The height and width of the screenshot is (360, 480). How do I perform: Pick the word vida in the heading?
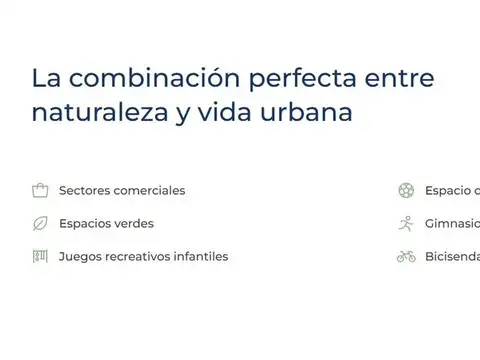235,112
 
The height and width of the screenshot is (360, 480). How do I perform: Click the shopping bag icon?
40,190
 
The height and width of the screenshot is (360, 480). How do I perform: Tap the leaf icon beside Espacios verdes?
40,223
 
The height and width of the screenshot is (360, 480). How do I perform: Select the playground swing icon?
40,256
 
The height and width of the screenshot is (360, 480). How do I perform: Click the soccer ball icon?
405,190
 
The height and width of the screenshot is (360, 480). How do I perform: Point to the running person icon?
405,223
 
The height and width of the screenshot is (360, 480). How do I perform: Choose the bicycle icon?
405,256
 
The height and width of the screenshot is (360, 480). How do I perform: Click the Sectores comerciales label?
122,190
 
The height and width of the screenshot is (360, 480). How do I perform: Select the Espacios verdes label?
106,223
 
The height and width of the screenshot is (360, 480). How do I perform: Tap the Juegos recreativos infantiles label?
143,256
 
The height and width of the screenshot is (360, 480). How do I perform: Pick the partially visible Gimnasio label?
452,223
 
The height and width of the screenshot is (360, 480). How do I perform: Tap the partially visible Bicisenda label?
452,256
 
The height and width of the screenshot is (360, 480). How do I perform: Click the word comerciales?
148,190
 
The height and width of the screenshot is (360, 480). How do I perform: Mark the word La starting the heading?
43,78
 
